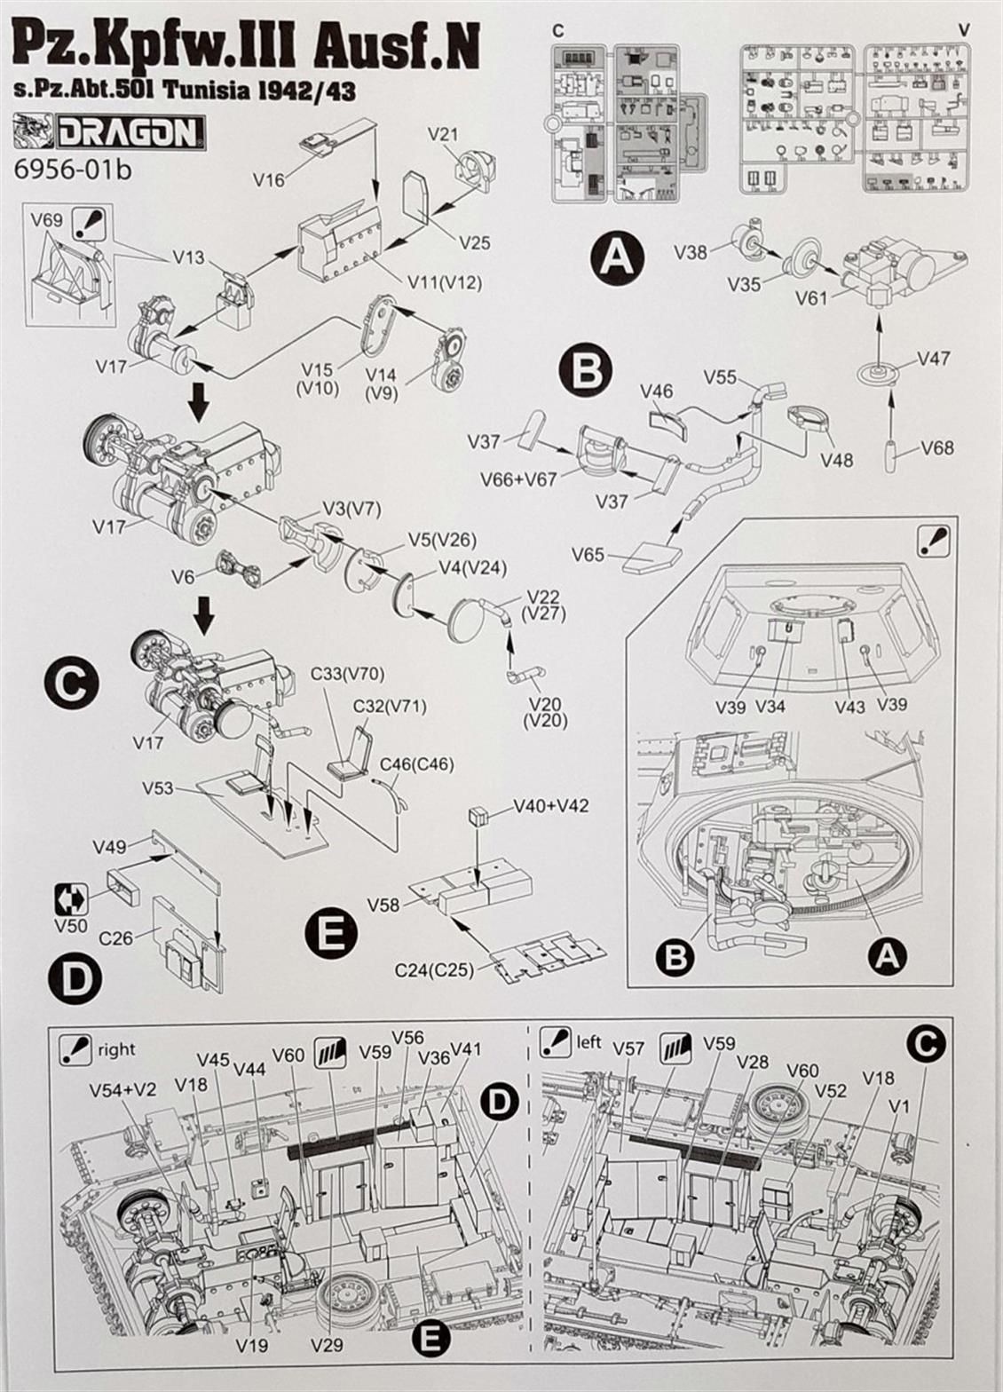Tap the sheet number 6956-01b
73,170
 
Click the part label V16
269,180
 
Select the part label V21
442,134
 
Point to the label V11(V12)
445,282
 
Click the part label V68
937,447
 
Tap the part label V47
934,358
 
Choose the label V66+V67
518,479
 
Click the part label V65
588,555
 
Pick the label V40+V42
550,806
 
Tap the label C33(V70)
353,674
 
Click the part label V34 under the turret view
770,706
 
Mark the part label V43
849,706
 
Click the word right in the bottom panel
117,1049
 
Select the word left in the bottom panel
588,1041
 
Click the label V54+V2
121,1089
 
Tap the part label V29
327,1345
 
